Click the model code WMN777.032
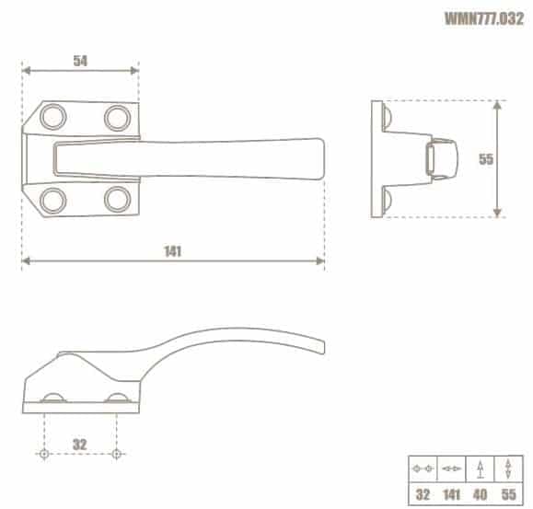click(x=484, y=18)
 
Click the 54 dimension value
click(x=80, y=61)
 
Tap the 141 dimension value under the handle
click(x=173, y=251)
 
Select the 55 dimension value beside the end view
click(x=486, y=159)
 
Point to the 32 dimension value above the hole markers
click(x=80, y=445)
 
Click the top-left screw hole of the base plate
click(x=53, y=117)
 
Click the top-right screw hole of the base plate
click(x=117, y=118)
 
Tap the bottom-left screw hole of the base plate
click(x=53, y=200)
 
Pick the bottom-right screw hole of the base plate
click(x=117, y=200)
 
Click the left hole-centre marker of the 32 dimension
click(x=44, y=454)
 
